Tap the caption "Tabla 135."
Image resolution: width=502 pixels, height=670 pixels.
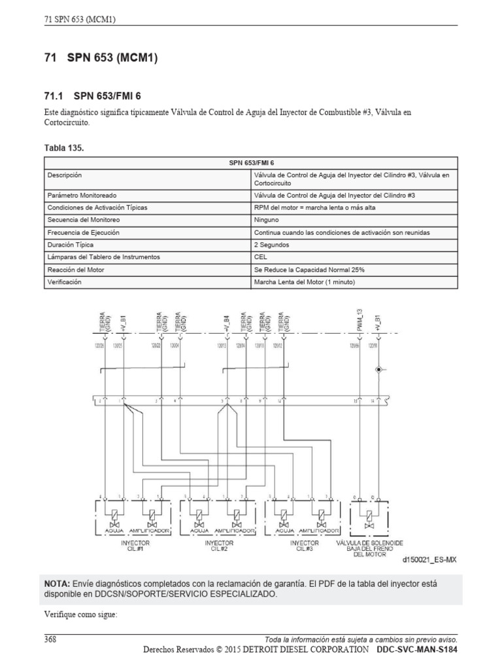(x=63, y=149)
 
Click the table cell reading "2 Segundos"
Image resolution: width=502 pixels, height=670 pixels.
(x=272, y=245)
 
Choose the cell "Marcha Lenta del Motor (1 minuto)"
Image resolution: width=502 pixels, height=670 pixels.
(x=305, y=282)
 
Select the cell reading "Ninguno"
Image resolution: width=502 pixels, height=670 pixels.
(x=267, y=220)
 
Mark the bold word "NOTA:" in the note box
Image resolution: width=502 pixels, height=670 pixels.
(x=57, y=584)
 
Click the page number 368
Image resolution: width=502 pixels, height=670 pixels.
(x=50, y=639)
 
